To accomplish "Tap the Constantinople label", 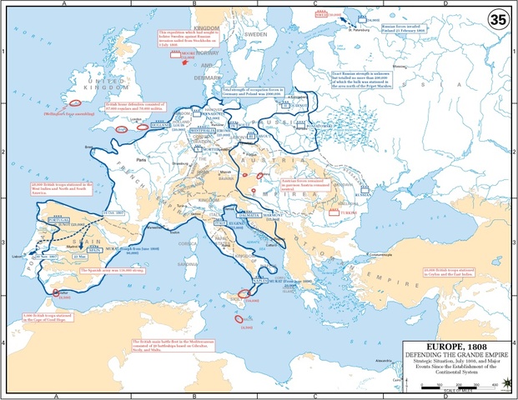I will point(385,254).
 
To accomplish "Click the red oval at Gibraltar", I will point(58,293).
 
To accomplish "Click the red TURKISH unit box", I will point(350,212).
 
